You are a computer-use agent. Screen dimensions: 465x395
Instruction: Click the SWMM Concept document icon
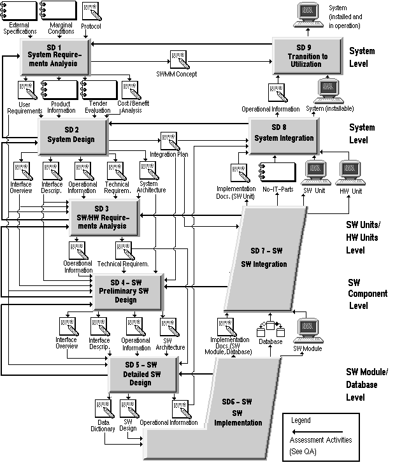(178, 60)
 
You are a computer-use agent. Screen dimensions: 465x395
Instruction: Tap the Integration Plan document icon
(169, 141)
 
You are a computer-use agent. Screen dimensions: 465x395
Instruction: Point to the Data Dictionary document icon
(103, 410)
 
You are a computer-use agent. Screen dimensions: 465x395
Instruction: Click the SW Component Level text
(366, 293)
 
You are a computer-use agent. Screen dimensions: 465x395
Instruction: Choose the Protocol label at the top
(91, 27)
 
